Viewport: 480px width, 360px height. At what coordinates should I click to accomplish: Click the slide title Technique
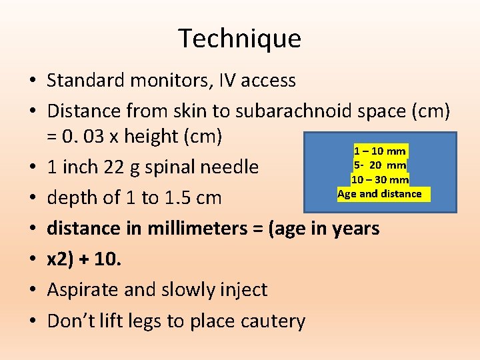239,39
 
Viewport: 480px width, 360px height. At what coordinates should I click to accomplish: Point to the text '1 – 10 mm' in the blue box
379,151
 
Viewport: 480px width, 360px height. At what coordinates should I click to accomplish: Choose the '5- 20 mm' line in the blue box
379,165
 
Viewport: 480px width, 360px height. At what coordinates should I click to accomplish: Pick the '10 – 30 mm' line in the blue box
379,179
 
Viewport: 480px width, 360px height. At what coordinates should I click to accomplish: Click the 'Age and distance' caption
379,194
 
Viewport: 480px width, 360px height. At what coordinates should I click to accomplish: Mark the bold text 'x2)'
62,259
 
